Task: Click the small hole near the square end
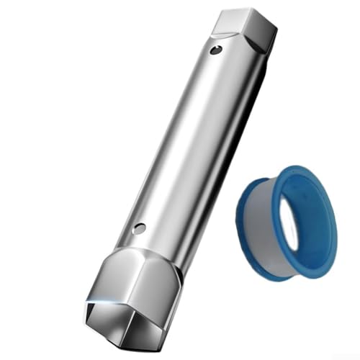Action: (213, 50)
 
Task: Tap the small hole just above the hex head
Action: (140, 228)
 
